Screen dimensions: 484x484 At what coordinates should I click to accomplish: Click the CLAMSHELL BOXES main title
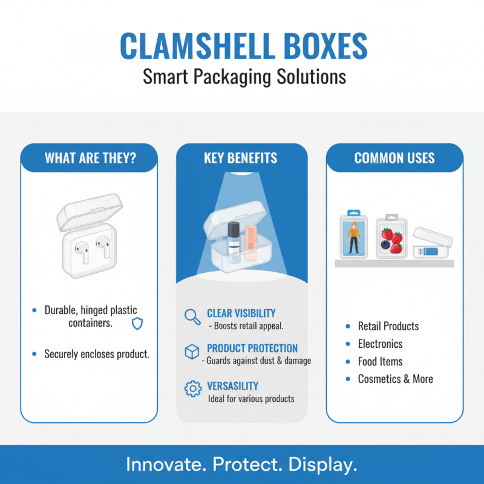click(x=243, y=46)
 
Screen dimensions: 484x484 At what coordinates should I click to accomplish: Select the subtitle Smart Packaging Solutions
click(x=244, y=77)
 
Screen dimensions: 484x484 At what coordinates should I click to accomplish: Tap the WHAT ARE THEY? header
click(x=90, y=159)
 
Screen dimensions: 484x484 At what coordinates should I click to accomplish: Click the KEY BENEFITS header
click(x=241, y=159)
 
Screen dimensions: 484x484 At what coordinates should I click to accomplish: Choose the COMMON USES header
click(x=394, y=159)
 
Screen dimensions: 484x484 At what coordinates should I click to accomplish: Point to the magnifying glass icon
click(x=192, y=316)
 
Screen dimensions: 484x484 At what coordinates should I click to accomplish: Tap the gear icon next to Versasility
click(x=192, y=388)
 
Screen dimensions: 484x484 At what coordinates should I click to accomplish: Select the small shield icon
click(x=138, y=324)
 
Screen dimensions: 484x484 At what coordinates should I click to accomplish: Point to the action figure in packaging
click(x=353, y=238)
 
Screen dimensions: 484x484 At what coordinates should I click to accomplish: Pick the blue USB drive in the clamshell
click(x=429, y=250)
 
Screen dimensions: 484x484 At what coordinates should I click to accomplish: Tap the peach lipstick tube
click(x=252, y=240)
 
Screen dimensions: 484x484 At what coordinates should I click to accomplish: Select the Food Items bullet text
click(x=380, y=362)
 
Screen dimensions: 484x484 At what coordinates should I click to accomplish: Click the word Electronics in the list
click(x=380, y=344)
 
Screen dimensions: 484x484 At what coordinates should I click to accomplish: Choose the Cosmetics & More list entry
click(x=395, y=379)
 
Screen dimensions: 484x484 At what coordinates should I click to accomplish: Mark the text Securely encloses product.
click(x=97, y=355)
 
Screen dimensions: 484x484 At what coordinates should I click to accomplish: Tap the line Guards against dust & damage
click(x=257, y=361)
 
